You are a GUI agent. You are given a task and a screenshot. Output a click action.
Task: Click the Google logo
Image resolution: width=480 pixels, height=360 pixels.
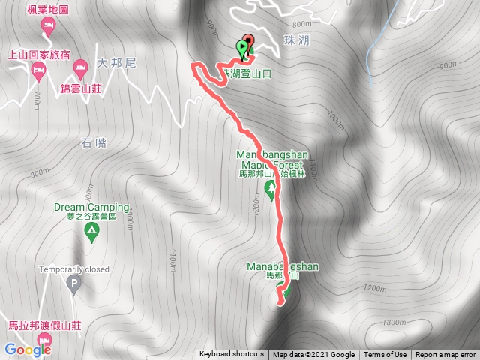[27, 349]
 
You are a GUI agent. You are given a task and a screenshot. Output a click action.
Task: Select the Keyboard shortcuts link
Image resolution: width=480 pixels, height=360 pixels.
[232, 355]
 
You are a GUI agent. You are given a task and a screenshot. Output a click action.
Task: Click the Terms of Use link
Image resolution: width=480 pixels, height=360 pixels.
[385, 355]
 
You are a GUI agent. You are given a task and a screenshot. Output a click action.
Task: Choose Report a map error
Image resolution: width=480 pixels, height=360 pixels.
[445, 355]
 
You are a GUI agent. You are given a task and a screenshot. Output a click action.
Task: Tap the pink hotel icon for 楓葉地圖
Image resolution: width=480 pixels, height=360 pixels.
[48, 26]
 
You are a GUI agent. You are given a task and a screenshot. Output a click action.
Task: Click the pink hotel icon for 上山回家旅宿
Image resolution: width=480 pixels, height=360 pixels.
[39, 70]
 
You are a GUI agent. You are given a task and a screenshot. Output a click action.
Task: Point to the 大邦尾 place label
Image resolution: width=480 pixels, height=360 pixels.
[116, 64]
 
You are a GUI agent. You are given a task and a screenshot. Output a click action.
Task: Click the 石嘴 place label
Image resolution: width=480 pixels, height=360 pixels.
[93, 142]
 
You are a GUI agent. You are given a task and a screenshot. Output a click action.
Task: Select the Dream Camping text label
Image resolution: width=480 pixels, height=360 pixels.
[91, 206]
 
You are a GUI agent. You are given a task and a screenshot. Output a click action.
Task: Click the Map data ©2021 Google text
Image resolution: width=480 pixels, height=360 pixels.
[313, 355]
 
